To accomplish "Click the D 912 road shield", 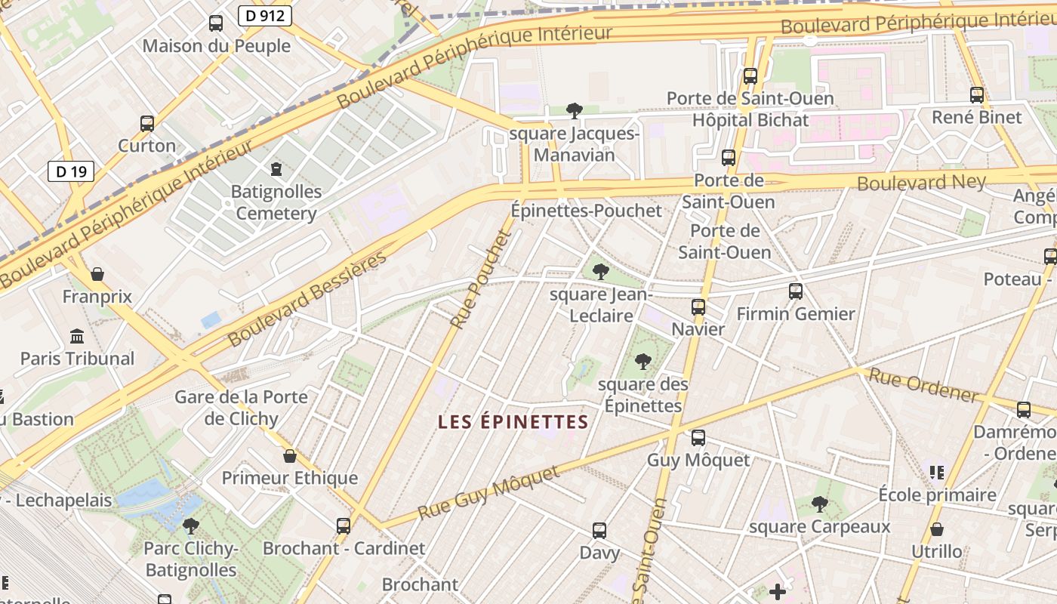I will pos(263,15).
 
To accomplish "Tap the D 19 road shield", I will pos(71,171).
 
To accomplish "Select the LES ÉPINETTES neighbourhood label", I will pos(513,422).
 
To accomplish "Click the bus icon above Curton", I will pos(147,123).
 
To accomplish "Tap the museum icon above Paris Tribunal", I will pos(77,336).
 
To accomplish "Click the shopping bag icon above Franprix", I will pos(97,274).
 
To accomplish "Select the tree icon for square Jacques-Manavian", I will pos(574,111).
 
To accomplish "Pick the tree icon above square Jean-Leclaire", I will pos(601,271).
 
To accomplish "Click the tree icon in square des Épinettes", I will pos(643,361).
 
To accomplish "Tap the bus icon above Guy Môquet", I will pos(698,437).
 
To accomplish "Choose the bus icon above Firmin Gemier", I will pos(795,291).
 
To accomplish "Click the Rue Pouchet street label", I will pos(481,279).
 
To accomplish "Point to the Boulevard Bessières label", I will pos(307,298).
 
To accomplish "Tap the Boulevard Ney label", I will pos(921,182).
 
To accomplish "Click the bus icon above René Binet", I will pos(977,95).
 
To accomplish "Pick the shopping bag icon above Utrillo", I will pos(937,529).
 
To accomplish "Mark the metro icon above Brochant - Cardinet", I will pos(344,525).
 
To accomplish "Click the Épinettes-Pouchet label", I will pos(586,211).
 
